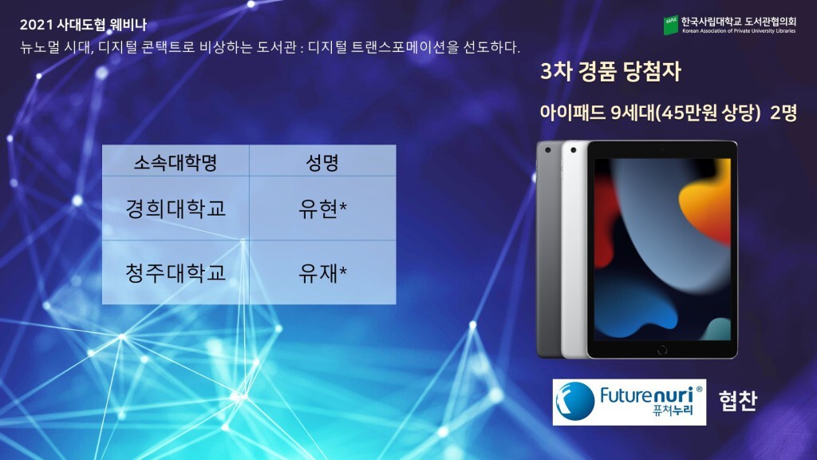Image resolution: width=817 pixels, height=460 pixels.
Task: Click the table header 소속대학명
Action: click(x=175, y=162)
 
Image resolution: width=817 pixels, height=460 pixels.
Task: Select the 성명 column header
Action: click(x=322, y=162)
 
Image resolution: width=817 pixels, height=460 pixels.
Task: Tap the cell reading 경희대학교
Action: click(x=176, y=208)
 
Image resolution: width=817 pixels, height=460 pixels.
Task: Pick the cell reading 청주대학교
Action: click(x=176, y=272)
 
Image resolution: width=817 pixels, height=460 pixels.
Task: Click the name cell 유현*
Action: click(x=322, y=208)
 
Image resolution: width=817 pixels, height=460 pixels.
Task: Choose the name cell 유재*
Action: click(x=322, y=272)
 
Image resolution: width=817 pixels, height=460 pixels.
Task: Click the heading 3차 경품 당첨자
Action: click(x=610, y=71)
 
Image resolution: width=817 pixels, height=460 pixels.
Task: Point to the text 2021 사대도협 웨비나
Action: click(x=83, y=25)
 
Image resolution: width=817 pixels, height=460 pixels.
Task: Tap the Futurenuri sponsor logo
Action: click(x=629, y=402)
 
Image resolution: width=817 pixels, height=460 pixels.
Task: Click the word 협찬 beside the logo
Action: click(x=737, y=401)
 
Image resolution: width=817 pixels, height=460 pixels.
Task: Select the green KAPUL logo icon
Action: click(x=670, y=25)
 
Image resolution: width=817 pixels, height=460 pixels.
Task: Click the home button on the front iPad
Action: click(x=661, y=350)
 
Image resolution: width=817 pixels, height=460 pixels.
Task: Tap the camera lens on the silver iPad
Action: click(x=573, y=150)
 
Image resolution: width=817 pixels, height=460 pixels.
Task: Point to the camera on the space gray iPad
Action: click(x=547, y=150)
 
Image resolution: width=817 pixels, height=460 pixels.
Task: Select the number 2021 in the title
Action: click(x=36, y=25)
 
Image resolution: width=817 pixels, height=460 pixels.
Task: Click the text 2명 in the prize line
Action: click(x=783, y=112)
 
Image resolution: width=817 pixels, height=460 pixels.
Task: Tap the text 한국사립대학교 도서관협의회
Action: click(x=738, y=22)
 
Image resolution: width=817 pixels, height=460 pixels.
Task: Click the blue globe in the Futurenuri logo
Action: click(x=575, y=402)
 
